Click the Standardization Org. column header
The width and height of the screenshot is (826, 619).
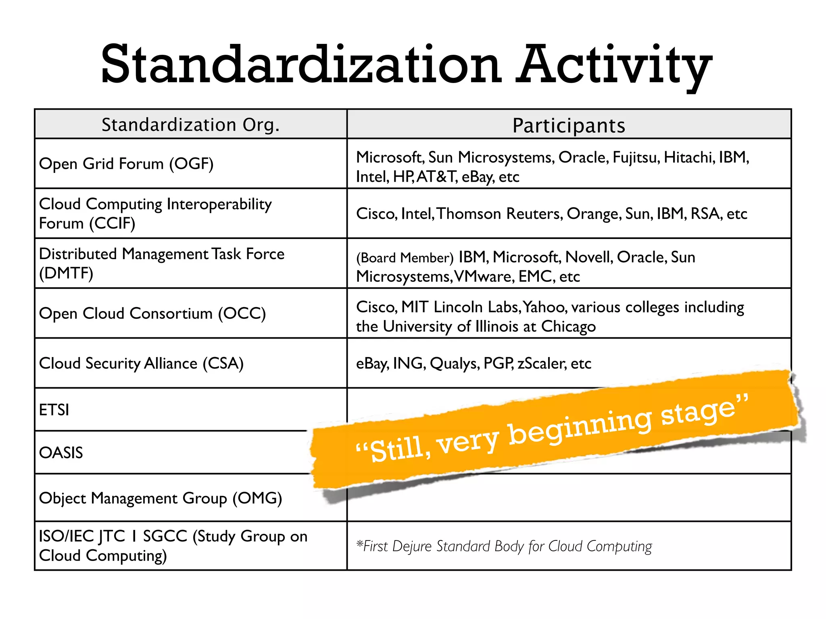(190, 125)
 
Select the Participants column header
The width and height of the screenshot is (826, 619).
(569, 125)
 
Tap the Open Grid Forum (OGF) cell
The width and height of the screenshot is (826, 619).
(126, 164)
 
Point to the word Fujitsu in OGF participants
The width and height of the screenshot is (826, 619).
(636, 158)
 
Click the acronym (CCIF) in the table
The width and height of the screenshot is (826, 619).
(113, 223)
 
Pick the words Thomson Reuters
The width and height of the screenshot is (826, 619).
(500, 214)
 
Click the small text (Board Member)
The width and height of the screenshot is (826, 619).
(405, 258)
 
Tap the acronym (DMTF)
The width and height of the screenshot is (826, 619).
(66, 273)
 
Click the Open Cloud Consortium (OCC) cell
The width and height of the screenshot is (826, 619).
(152, 314)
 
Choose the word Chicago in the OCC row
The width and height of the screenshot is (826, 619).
(568, 326)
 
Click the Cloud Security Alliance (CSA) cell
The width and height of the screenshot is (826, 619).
(141, 364)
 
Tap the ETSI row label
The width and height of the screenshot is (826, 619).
(54, 410)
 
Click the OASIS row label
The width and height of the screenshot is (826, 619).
(61, 453)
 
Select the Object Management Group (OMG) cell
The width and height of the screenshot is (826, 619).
(161, 498)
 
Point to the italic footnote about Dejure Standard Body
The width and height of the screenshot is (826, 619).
(504, 546)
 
